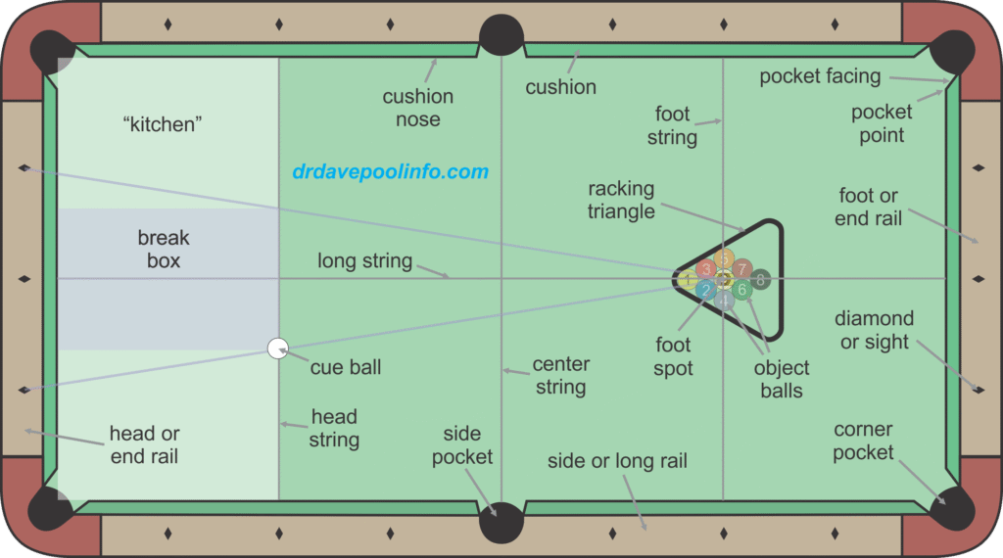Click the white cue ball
pos(278,348)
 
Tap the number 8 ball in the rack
pos(760,279)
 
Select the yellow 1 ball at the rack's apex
pos(689,280)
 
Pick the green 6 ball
pos(741,290)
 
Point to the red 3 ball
pos(706,269)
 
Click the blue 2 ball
pos(706,290)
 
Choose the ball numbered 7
pos(741,268)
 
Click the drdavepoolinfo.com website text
pos(390,172)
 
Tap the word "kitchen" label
pos(164,125)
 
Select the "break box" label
pos(164,250)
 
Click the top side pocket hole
pos(501,34)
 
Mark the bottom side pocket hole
pos(501,523)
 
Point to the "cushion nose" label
pos(418,108)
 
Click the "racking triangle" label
pos(621,200)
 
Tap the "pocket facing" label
pos(820,75)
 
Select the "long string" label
pos(364,261)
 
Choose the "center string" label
pos(560,375)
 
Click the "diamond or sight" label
pos(874,330)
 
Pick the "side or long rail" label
pos(617,461)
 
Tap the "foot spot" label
pos(673,356)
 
